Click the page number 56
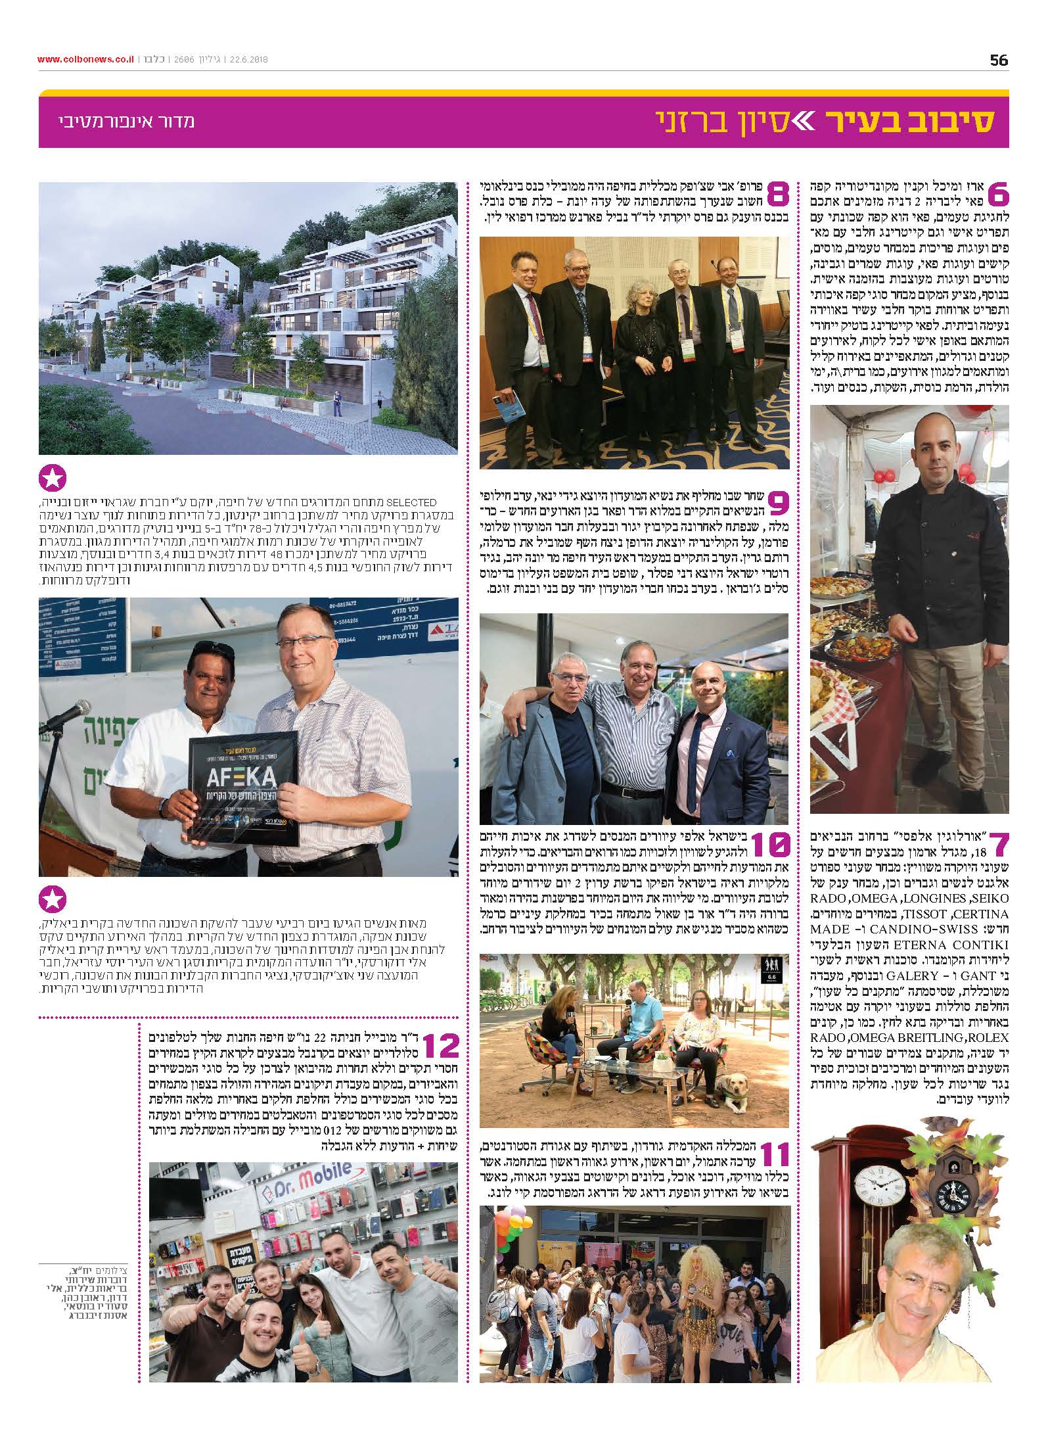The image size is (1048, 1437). click(x=998, y=60)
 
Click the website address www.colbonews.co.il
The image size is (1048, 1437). click(x=85, y=60)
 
